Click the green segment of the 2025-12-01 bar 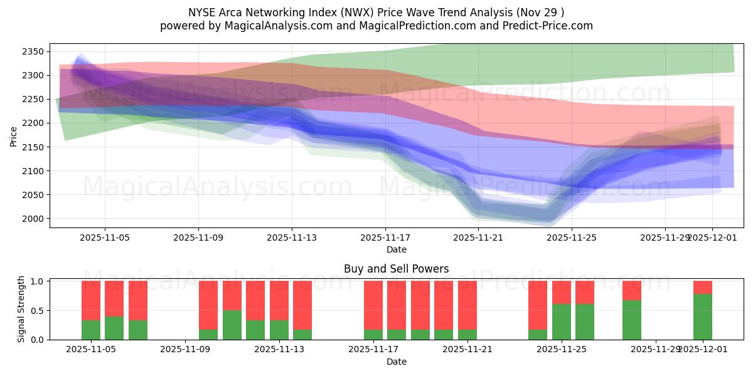pyautogui.click(x=703, y=316)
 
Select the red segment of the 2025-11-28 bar pyautogui.click(x=632, y=290)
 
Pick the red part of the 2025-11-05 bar pyautogui.click(x=91, y=300)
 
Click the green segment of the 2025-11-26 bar pyautogui.click(x=585, y=321)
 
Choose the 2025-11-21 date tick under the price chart pyautogui.click(x=479, y=238)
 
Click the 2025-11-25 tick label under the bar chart pyautogui.click(x=562, y=350)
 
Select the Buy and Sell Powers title pyautogui.click(x=396, y=269)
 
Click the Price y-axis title pyautogui.click(x=14, y=135)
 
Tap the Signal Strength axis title pyautogui.click(x=21, y=308)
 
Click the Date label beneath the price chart pyautogui.click(x=396, y=249)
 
